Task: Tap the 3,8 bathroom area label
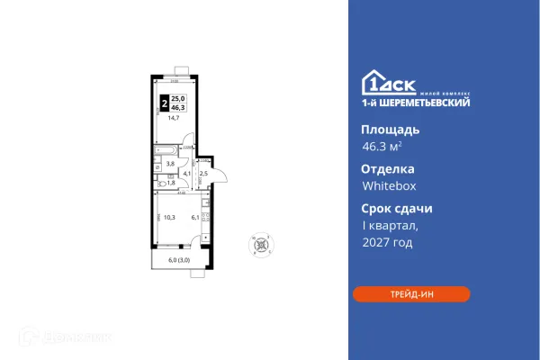[x=172, y=164]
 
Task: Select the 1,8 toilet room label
[x=172, y=183]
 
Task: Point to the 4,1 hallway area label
[x=187, y=173]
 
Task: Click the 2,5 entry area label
[x=203, y=173]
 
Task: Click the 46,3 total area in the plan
[x=178, y=107]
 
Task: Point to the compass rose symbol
[x=262, y=244]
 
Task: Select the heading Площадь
[x=390, y=130]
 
